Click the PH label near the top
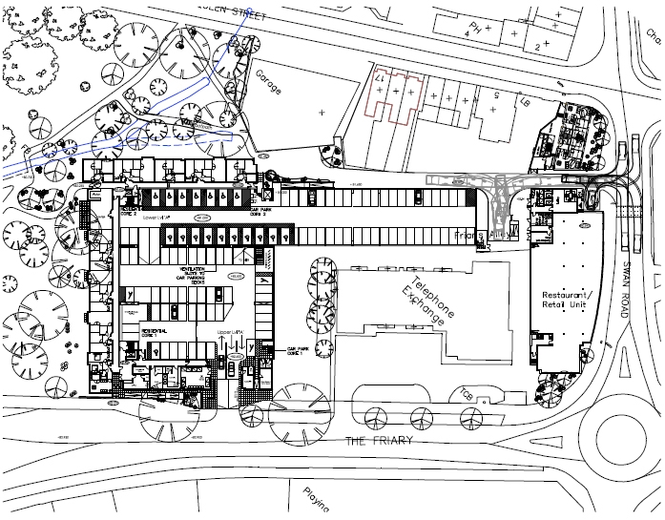click(x=468, y=28)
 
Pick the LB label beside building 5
click(x=523, y=101)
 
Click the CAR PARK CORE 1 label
click(x=300, y=353)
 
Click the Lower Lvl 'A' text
click(x=156, y=218)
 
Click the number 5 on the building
click(x=497, y=96)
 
